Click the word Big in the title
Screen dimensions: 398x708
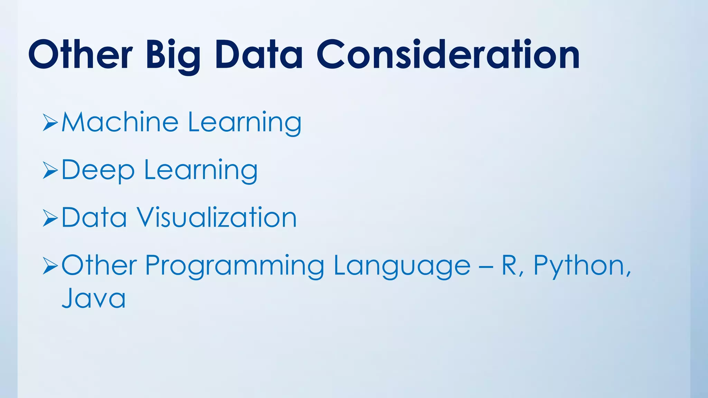[173, 56]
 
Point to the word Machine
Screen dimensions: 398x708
[120, 122]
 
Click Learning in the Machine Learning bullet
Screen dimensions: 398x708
[245, 123]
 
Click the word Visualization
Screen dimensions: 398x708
[216, 218]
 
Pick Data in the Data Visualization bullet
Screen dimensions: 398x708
[94, 218]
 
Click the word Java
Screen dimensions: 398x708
[93, 298]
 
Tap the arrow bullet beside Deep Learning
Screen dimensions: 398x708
[50, 171]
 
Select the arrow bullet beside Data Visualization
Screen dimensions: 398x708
[50, 219]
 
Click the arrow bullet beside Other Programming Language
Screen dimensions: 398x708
[50, 266]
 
